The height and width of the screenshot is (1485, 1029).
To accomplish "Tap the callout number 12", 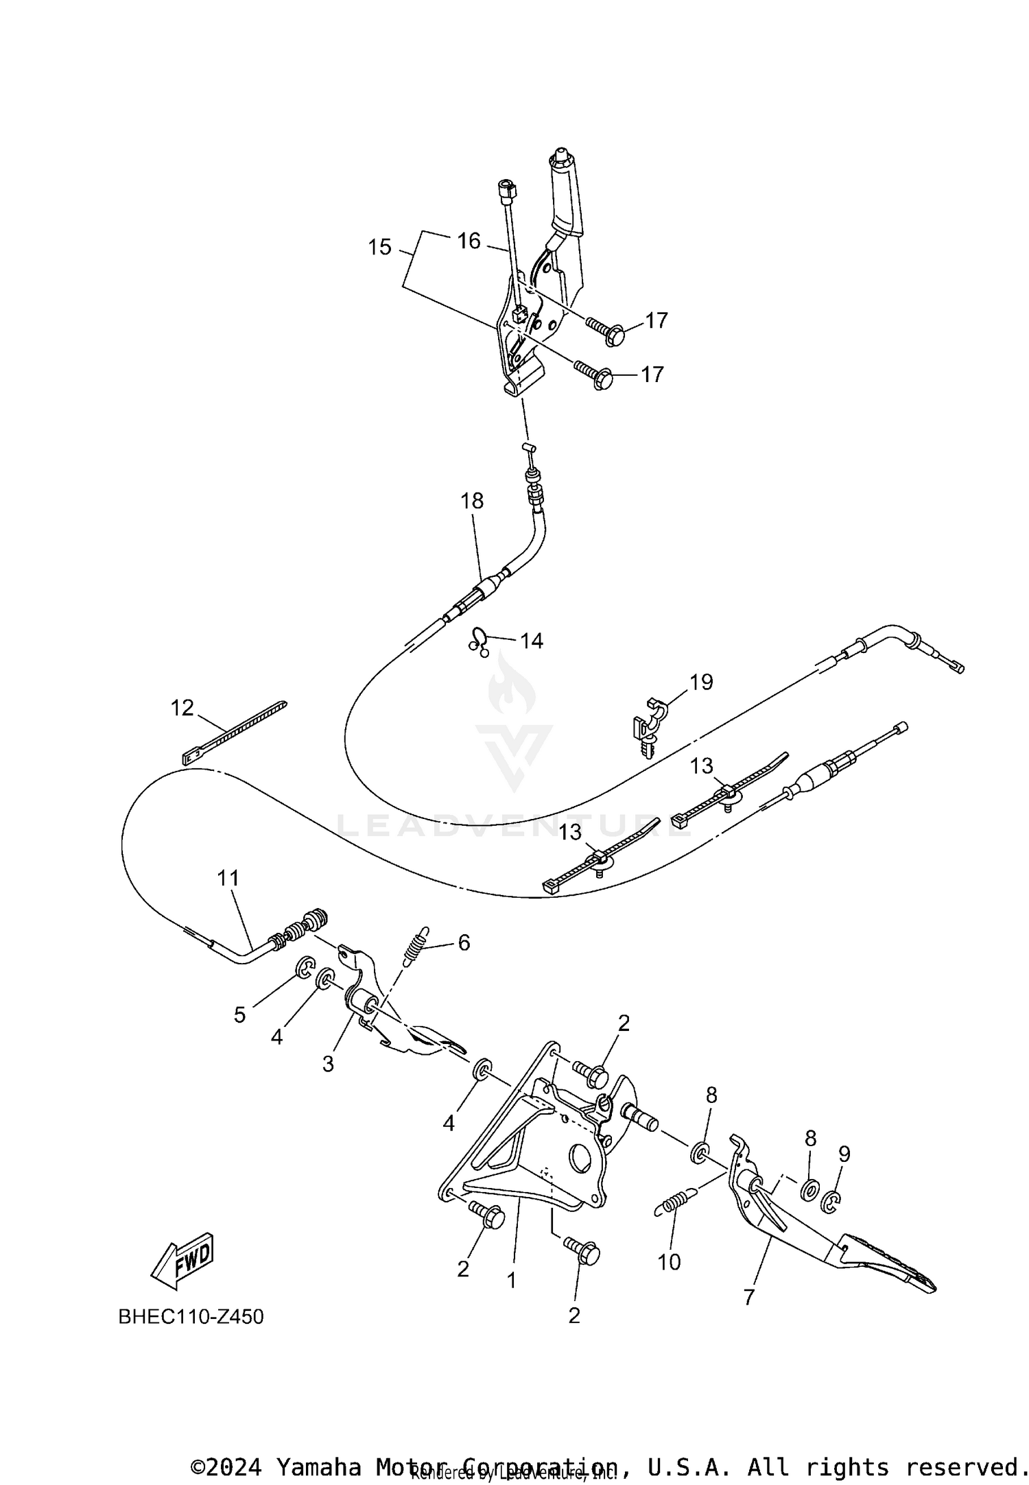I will coord(182,707).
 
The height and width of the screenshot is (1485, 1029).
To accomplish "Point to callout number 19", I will coord(701,682).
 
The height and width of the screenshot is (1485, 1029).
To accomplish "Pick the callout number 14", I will coord(531,641).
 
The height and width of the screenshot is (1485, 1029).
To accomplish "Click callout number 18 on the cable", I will coord(472,501).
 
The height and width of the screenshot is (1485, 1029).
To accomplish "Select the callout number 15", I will coord(379,247).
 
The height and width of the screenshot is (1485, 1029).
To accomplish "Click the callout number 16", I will coord(469,241).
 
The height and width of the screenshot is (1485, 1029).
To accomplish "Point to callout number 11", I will coord(228,877).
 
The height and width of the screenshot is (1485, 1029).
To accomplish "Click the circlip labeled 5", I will coord(305,968).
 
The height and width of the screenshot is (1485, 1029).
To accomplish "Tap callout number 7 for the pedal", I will coord(748,1296).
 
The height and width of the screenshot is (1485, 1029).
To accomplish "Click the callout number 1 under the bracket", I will coord(511,1279).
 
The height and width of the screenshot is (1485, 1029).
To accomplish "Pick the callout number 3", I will coord(328,1065).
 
